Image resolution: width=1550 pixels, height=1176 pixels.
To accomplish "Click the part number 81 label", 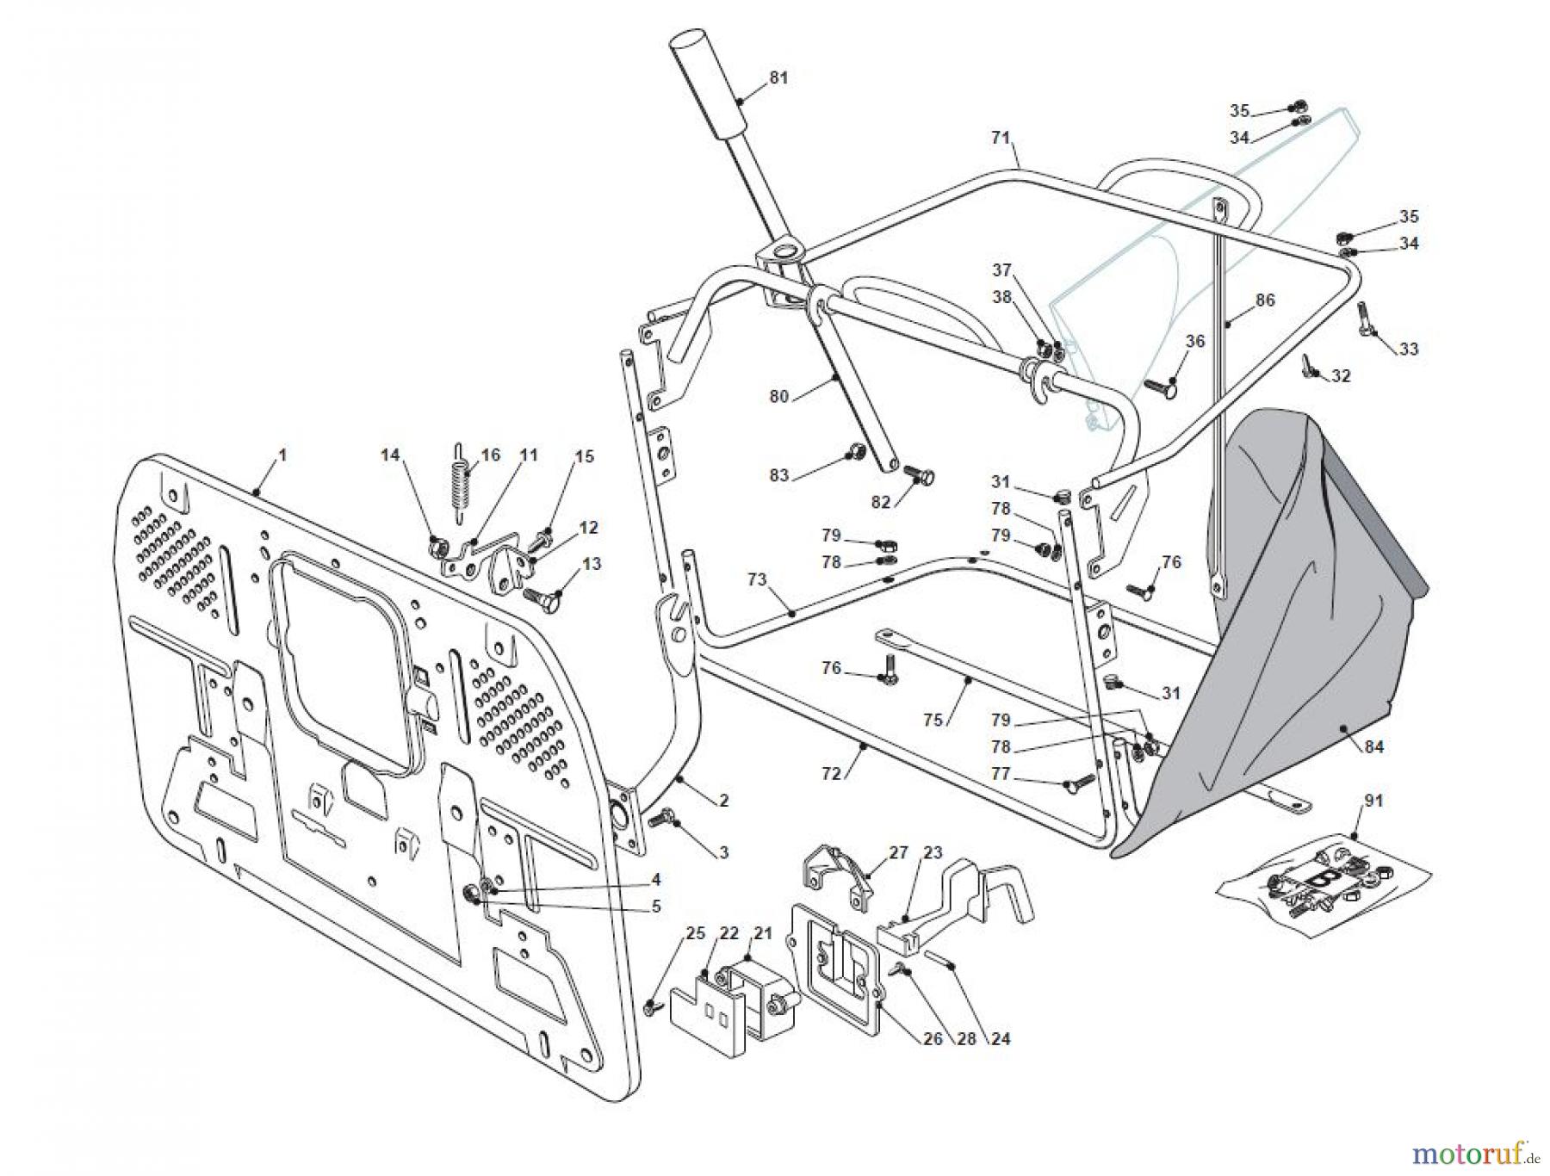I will point(778,77).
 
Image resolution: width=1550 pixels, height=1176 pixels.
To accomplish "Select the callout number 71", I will point(1000,138).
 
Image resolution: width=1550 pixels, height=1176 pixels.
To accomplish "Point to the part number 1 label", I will point(282,454).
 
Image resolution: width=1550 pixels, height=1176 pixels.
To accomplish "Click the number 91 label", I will point(1373,801).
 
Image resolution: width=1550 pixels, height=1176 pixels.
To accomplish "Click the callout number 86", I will point(1265,300).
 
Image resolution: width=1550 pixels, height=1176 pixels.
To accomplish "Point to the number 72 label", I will point(831,774).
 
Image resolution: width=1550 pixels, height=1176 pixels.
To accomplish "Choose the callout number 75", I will point(933,720).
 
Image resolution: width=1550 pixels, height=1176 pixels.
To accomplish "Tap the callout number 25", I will point(696,933).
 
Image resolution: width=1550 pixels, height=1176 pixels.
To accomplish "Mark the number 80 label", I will point(778,397).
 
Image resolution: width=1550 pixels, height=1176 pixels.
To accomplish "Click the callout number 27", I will point(898,853).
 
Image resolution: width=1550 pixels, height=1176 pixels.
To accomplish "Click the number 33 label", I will point(1408,349).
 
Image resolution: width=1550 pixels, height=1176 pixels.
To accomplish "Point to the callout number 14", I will point(391,455).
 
